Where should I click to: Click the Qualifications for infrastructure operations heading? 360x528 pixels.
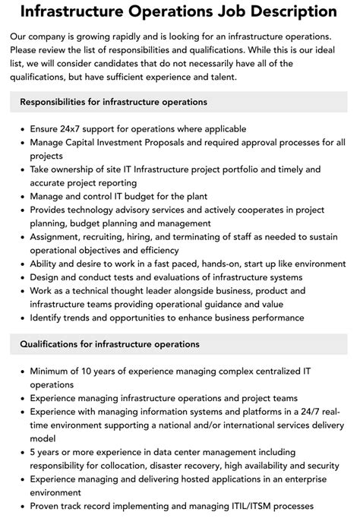point(109,344)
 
